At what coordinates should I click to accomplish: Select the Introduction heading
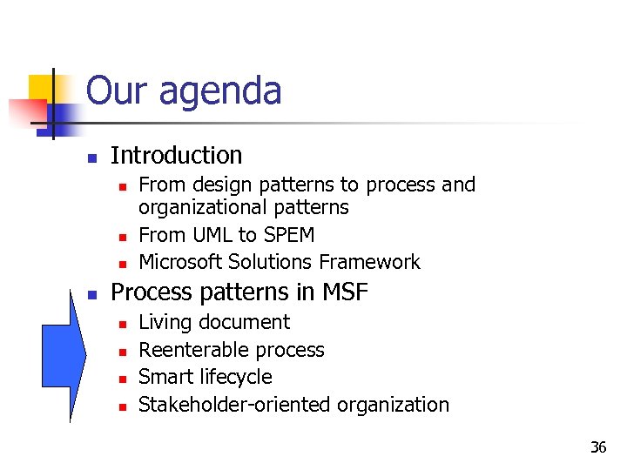click(177, 156)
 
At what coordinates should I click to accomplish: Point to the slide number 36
click(597, 447)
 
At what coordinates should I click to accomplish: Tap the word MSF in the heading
click(346, 292)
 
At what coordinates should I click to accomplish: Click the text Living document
click(214, 322)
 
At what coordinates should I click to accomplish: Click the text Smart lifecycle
click(206, 377)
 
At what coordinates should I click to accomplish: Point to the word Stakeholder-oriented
click(235, 405)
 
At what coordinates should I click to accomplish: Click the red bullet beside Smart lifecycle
click(123, 379)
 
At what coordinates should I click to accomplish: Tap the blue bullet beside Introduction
click(91, 158)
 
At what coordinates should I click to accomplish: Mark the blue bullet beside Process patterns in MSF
click(91, 294)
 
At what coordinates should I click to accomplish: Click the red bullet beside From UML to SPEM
click(123, 237)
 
